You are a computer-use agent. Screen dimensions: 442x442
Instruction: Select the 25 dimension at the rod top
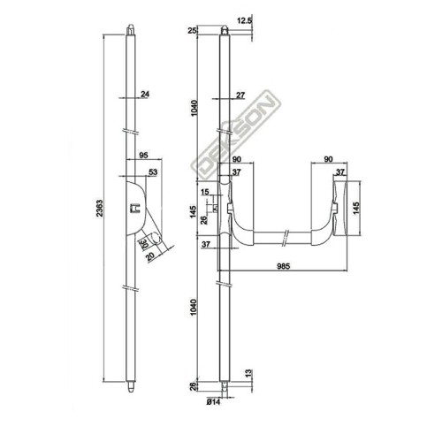192,32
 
